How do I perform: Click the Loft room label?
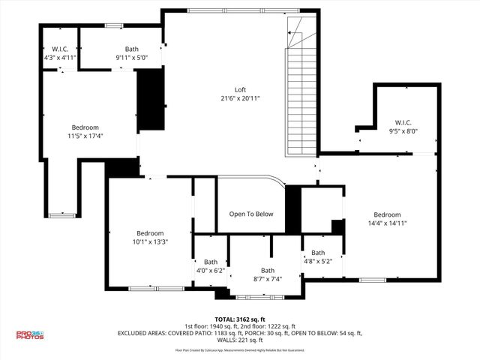tap(239, 89)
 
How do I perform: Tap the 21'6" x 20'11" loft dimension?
tap(239, 98)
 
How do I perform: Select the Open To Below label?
tap(251, 214)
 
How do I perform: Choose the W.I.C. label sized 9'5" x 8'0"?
tap(403, 122)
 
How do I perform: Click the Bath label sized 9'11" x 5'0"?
tap(132, 49)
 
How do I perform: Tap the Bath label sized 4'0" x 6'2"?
tap(211, 262)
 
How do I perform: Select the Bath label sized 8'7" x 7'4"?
tap(268, 271)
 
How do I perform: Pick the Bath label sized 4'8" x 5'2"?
tap(318, 253)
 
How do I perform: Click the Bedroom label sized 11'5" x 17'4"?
tap(85, 127)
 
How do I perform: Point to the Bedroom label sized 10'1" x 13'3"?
tap(149, 232)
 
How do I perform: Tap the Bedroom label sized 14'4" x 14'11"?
tap(387, 214)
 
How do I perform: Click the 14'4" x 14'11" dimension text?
tap(387, 223)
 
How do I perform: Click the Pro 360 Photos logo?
tap(30, 335)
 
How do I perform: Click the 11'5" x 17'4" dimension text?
tap(85, 136)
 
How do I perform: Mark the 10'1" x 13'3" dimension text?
tap(149, 241)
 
